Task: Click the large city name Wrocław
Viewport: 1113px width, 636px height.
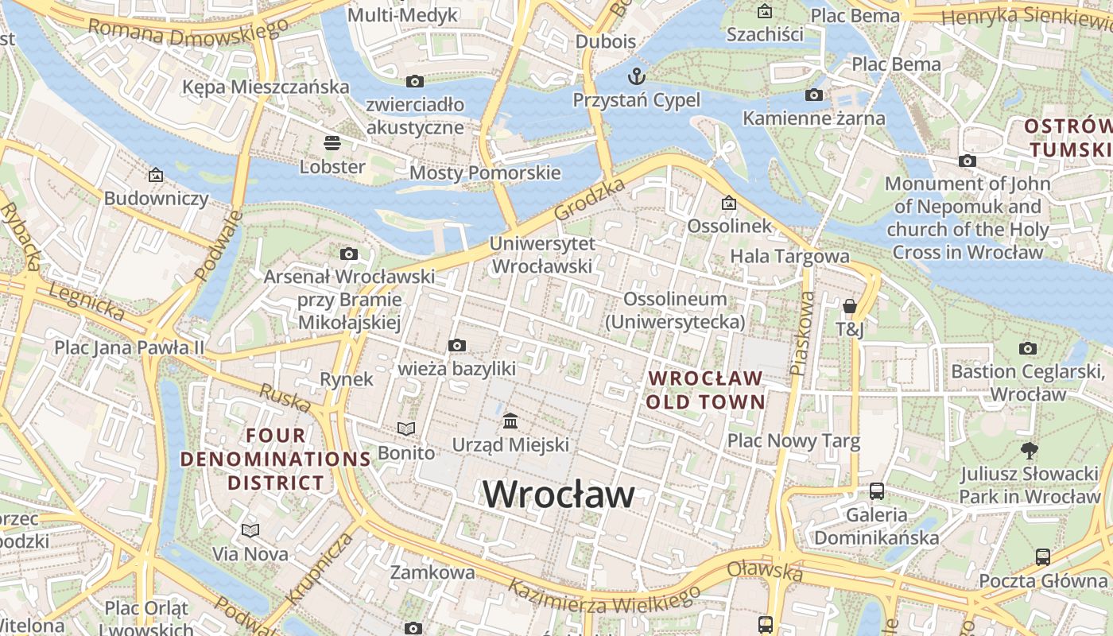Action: [x=559, y=494]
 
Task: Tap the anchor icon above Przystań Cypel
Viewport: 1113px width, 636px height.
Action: [x=636, y=76]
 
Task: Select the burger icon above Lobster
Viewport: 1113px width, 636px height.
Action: [x=332, y=143]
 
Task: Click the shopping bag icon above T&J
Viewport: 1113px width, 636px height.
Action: [x=849, y=306]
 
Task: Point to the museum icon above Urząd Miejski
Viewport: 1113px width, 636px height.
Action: [x=510, y=420]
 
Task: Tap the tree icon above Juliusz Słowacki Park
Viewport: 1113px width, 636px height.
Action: [x=1030, y=451]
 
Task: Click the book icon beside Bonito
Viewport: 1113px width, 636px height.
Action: [x=406, y=429]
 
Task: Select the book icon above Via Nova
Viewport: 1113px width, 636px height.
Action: [x=250, y=529]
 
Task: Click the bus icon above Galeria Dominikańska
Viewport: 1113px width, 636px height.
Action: [x=877, y=491]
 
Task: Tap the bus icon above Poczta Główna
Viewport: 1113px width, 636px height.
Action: [x=1043, y=556]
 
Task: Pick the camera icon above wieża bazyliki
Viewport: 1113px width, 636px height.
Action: [x=456, y=345]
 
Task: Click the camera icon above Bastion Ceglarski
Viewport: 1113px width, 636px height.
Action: [x=1028, y=348]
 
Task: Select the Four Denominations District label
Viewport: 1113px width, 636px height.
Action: [x=276, y=459]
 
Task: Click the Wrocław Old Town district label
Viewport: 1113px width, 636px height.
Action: [x=705, y=390]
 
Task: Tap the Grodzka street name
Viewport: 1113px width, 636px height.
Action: [x=590, y=200]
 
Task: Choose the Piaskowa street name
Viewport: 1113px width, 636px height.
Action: [x=803, y=332]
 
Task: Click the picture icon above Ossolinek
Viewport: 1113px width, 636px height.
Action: [x=728, y=203]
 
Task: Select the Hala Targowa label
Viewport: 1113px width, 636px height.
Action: [x=789, y=256]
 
